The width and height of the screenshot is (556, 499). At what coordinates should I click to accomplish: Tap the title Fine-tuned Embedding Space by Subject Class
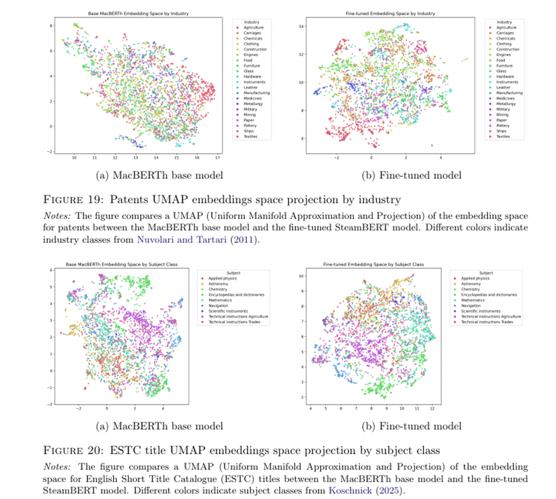[x=373, y=265]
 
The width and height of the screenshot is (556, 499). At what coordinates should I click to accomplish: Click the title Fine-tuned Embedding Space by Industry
[x=391, y=13]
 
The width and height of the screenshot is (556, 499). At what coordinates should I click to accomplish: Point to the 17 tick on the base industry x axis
[x=218, y=158]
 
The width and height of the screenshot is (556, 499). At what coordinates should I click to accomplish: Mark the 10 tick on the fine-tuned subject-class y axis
[x=302, y=276]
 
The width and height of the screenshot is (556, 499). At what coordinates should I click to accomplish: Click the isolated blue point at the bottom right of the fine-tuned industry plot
[x=432, y=145]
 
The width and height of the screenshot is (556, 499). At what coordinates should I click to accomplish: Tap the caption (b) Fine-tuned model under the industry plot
[x=411, y=176]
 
